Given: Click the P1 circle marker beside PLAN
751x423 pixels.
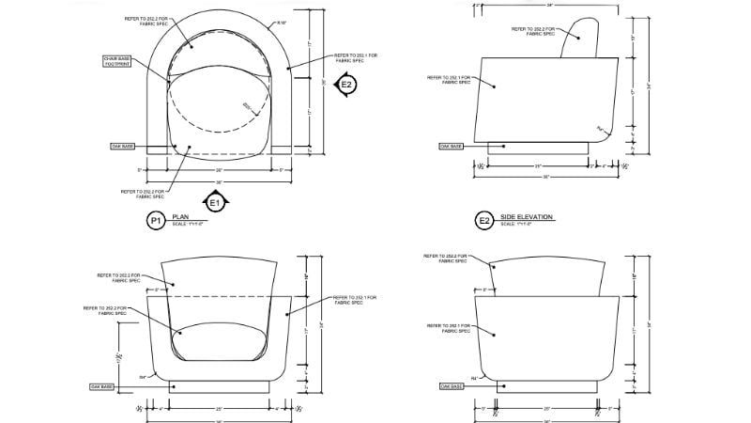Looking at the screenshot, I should point(156,221).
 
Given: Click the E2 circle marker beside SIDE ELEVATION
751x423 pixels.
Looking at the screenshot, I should point(484,221).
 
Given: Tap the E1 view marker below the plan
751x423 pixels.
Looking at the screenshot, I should point(214,200).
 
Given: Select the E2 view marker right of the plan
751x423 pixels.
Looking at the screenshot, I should point(346,86).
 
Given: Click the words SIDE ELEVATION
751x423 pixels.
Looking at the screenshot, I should point(527,217).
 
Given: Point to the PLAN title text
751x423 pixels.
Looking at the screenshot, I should point(180,217).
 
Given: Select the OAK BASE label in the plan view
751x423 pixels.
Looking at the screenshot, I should point(123,147).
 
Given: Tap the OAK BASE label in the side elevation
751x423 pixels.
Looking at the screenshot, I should point(451,146).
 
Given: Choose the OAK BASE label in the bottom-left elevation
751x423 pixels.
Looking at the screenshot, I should point(101,386).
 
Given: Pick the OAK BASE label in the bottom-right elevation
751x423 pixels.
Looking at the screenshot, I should point(452,386).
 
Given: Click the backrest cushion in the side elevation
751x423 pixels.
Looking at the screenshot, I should point(579,38).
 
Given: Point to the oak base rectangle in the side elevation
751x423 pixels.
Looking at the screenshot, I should point(540,149).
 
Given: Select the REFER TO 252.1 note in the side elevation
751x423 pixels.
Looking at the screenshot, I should point(448,80).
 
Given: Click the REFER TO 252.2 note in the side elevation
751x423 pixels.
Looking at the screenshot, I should point(533,31).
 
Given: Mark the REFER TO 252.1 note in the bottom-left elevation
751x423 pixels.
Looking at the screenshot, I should point(353,300).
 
